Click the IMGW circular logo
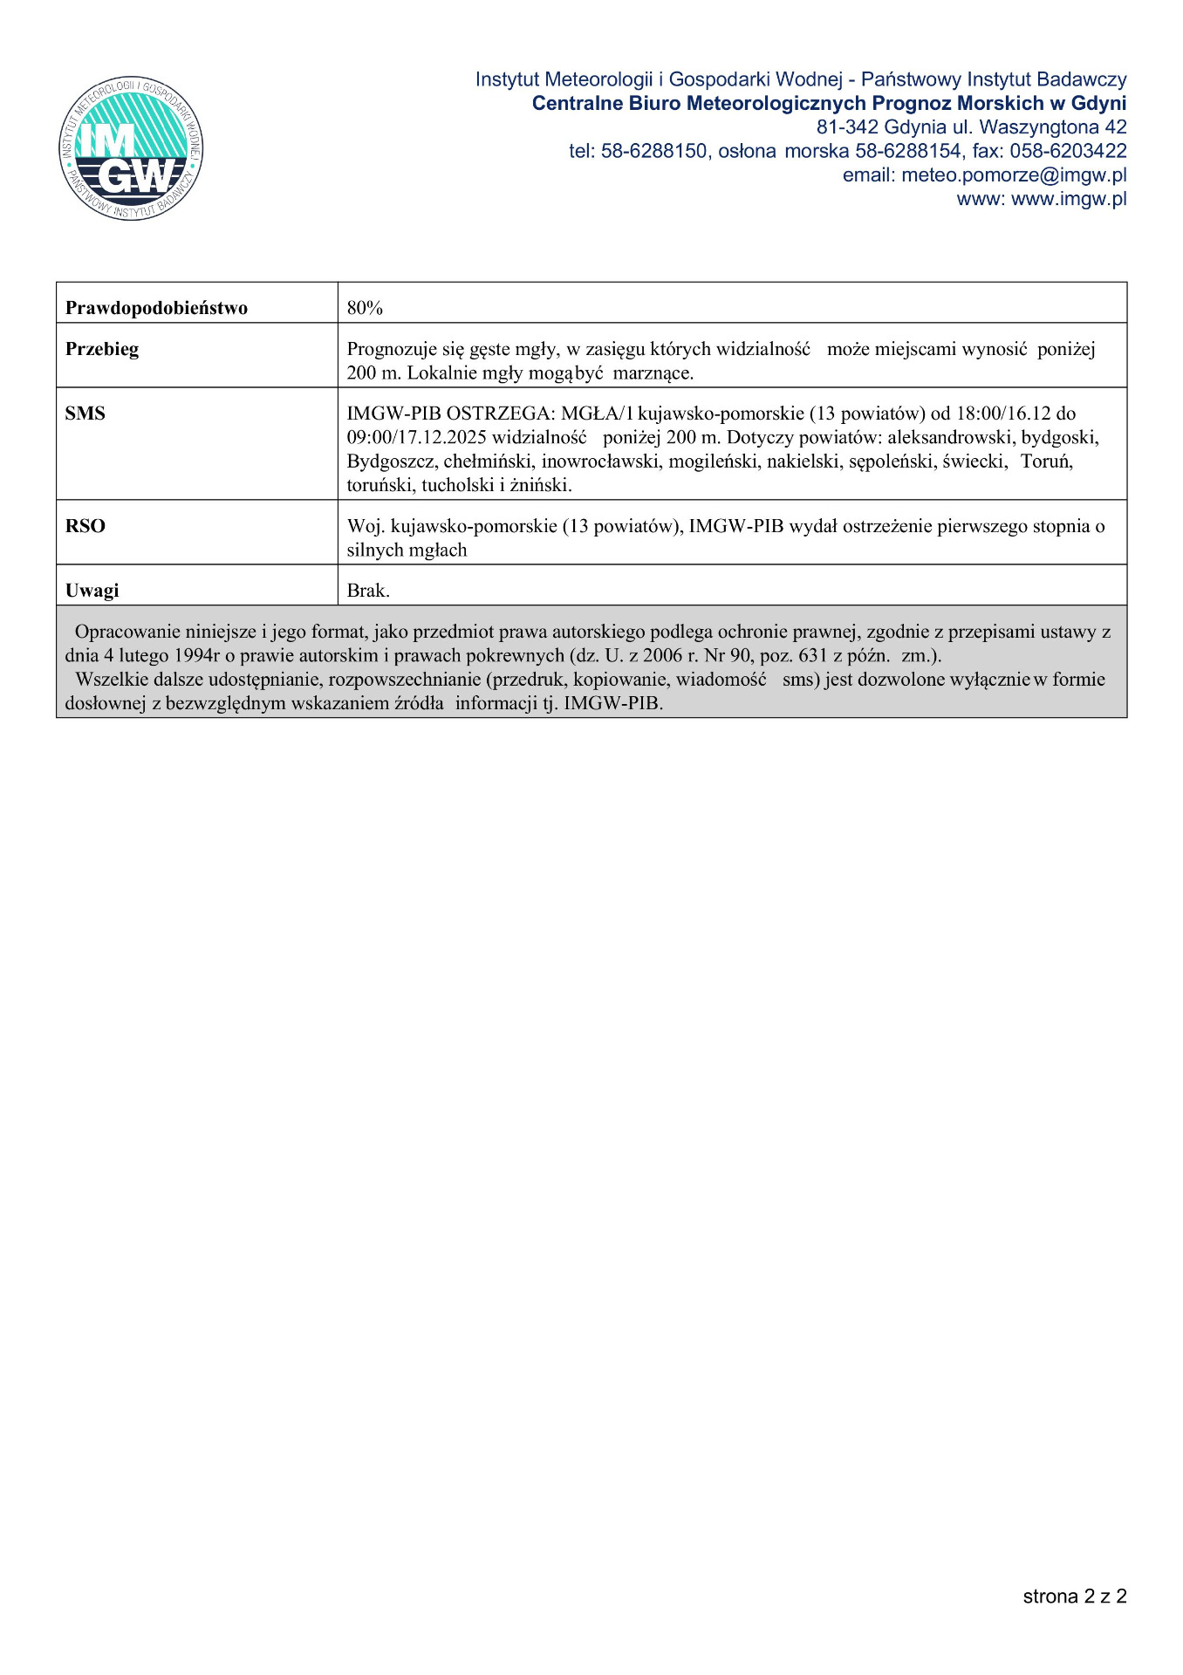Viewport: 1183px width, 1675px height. click(131, 147)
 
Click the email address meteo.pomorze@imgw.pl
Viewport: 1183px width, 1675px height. click(1014, 175)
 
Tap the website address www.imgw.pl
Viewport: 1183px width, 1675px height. click(1069, 199)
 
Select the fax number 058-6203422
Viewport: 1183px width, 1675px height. click(1068, 152)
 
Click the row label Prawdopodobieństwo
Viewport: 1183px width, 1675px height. click(156, 308)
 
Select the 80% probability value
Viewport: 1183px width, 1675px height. click(365, 308)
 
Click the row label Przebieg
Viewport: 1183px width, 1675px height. click(102, 349)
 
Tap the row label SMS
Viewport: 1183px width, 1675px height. click(85, 414)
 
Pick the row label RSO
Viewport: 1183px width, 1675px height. click(85, 526)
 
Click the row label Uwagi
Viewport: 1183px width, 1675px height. click(92, 591)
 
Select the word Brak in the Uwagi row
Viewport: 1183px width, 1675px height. click(366, 591)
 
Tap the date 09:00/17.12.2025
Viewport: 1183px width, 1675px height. click(416, 437)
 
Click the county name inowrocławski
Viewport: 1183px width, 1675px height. click(600, 461)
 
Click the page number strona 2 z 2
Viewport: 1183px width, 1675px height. click(1074, 1596)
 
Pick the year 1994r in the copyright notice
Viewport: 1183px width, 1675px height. click(196, 656)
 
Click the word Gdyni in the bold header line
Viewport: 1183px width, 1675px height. click(1098, 104)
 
